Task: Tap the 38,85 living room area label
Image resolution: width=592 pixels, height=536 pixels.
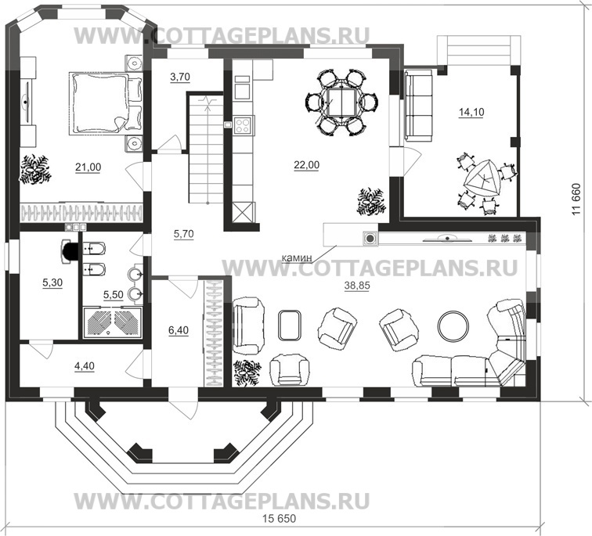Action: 357,287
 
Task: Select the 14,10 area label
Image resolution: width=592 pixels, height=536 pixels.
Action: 471,112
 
